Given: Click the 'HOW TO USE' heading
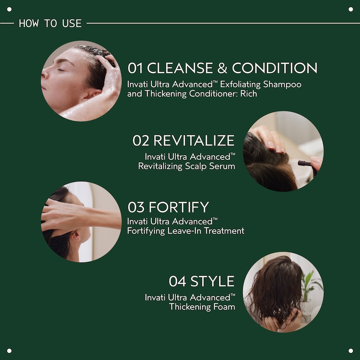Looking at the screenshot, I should (50, 23).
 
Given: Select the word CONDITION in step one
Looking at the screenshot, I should (275, 68).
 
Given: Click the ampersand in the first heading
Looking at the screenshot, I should (222, 68).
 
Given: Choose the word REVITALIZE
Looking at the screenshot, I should (194, 141).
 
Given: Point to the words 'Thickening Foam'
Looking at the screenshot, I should (202, 307).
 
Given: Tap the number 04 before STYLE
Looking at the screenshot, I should (178, 281).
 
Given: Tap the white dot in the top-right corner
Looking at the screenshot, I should (351, 9).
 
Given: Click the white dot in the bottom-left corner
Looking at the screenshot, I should (9, 351).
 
